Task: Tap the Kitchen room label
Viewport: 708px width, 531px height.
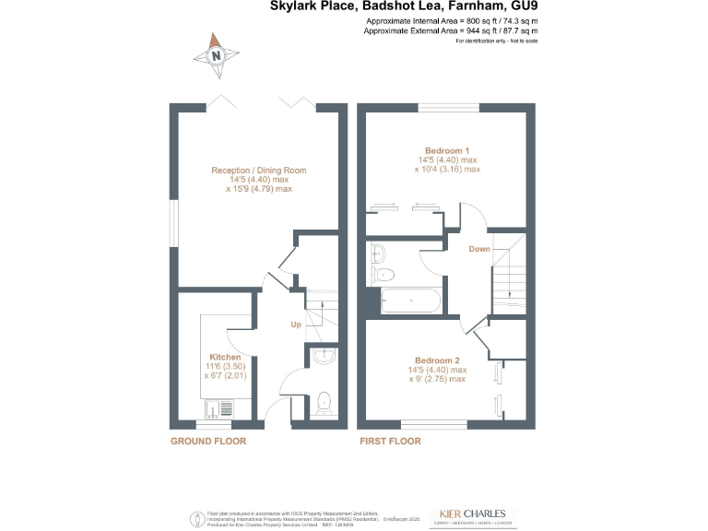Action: (225, 357)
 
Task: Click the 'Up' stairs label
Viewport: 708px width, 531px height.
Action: (296, 324)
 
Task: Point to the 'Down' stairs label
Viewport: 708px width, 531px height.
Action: (479, 249)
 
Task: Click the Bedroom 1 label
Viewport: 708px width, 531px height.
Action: (447, 150)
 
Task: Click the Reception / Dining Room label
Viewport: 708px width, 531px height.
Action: (258, 171)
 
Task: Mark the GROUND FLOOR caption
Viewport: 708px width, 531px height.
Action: (208, 442)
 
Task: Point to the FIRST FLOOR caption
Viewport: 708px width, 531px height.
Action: (390, 442)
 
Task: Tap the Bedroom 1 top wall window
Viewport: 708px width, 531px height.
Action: (447, 111)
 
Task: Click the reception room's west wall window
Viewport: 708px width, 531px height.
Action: (172, 223)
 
